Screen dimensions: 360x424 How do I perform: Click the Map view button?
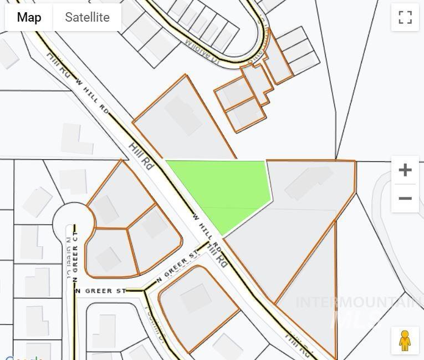(x=29, y=17)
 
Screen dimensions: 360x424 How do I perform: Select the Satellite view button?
(x=87, y=17)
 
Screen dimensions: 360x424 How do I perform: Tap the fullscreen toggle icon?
(x=405, y=17)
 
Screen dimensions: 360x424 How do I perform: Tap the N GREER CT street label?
(x=75, y=255)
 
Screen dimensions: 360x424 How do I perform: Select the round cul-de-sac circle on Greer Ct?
(x=72, y=221)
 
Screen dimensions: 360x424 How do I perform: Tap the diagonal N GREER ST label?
(x=177, y=267)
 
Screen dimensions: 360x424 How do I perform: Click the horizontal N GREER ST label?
(x=101, y=291)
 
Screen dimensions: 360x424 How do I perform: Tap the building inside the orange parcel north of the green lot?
(x=183, y=115)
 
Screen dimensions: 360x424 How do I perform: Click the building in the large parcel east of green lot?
(x=308, y=182)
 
